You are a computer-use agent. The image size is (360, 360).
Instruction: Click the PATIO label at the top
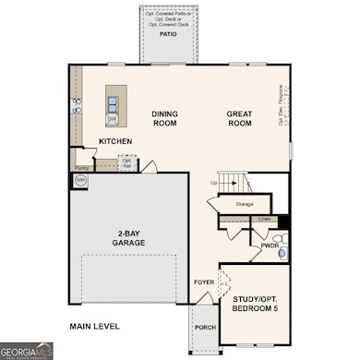pos(168,33)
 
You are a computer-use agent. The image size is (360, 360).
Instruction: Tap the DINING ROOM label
pos(164,118)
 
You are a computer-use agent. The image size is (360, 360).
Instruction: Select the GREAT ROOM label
pos(240,118)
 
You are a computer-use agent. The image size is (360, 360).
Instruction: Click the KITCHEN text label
pos(115,141)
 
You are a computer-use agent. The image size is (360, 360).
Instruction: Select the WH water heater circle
pos(80,181)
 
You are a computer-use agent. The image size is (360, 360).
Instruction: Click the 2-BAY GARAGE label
pos(129,238)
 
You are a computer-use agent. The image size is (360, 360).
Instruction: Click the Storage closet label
pos(245,204)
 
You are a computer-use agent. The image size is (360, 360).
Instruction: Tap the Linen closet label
pos(265,219)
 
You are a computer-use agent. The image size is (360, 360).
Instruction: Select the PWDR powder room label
pos(269,246)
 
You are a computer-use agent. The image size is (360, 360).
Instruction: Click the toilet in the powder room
pos(282,251)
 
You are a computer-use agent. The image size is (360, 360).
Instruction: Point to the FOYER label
pos(203,282)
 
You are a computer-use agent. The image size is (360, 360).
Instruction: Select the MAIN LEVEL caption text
pos(95,326)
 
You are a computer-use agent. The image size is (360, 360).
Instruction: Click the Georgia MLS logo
pos(27,351)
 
